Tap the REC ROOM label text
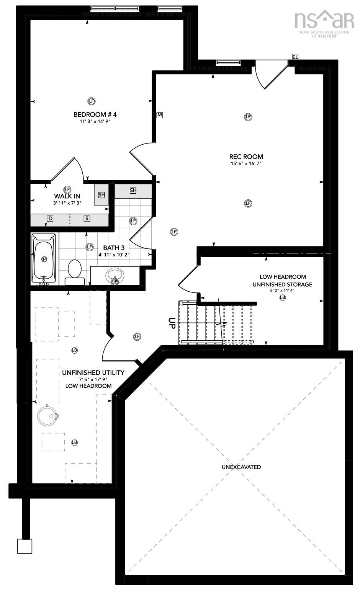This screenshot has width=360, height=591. coord(246,157)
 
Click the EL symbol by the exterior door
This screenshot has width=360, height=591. coord(295,57)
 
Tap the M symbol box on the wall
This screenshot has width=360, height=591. coord(160,115)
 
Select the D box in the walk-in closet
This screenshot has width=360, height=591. coord(50,218)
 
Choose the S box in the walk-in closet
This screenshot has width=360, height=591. coord(87,218)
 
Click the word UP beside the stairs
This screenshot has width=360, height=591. coord(172,323)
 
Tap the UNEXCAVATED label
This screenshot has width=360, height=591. coord(241,467)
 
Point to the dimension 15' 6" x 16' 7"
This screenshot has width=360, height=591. coord(246,163)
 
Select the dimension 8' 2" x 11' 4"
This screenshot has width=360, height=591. coord(283,291)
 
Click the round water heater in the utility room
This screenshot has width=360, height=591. coord(47,415)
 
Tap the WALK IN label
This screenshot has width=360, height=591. coord(67,196)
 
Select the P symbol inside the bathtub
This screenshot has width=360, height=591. coord(44,259)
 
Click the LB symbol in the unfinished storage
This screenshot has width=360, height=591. coord(283,297)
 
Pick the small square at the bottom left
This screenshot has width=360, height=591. coord(25,546)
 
